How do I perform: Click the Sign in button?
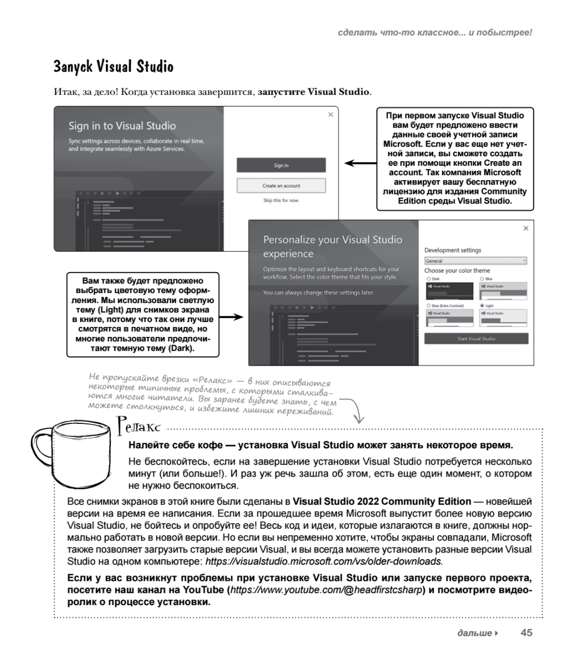click(281, 165)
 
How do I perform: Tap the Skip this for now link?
click(281, 201)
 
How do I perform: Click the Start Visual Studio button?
click(476, 339)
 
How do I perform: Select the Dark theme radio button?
click(428, 279)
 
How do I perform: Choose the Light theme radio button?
click(482, 305)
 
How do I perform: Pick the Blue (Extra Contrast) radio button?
click(428, 305)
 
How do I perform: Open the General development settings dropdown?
click(475, 261)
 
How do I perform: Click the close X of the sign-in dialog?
click(331, 115)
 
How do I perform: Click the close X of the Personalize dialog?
click(526, 228)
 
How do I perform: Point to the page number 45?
click(526, 632)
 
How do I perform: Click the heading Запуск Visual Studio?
click(114, 67)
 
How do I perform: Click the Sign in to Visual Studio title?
click(122, 126)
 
